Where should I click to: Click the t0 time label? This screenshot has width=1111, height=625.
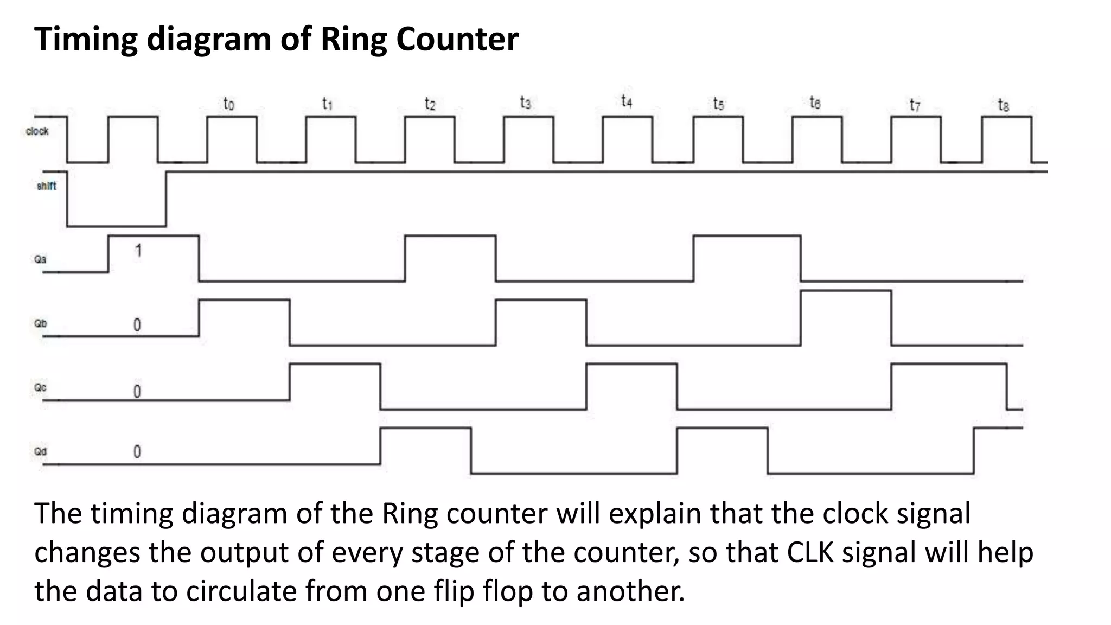(228, 103)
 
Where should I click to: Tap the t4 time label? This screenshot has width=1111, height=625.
(626, 101)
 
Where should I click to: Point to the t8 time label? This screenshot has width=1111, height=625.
(1003, 105)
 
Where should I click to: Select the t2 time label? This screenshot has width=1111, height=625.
(429, 103)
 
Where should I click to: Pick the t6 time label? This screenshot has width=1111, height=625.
(814, 102)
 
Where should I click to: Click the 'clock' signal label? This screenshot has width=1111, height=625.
(37, 131)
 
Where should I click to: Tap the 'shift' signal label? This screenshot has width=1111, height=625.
(46, 186)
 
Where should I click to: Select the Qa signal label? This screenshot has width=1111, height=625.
(40, 259)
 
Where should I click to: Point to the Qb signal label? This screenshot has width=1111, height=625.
(41, 323)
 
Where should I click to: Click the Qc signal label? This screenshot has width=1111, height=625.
(40, 387)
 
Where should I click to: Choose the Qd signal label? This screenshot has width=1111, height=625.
(40, 451)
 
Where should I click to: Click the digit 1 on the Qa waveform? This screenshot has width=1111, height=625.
(138, 251)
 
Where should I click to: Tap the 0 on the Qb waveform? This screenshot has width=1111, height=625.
(137, 324)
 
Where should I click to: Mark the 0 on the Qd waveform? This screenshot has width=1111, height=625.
(137, 451)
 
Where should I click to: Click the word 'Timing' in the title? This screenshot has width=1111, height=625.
(86, 39)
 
